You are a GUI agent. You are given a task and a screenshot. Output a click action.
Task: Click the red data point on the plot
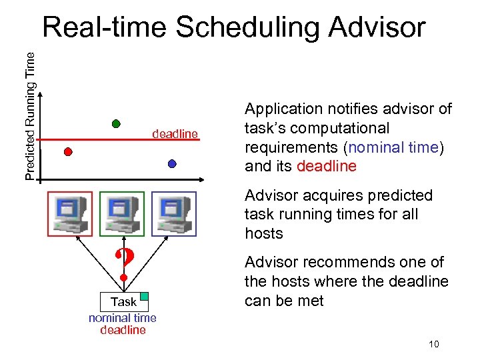click(68, 151)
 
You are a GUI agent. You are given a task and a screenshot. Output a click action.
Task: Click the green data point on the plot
click(116, 123)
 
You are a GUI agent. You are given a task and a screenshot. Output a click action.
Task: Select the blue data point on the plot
click(172, 163)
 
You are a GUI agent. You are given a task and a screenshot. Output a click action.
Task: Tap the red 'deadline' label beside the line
click(175, 134)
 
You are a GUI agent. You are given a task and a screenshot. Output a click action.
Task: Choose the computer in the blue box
click(173, 213)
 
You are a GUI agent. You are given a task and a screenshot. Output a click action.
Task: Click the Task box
click(123, 301)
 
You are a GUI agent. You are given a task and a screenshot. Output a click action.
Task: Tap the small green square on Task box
click(144, 296)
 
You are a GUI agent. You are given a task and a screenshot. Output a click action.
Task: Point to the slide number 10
click(434, 344)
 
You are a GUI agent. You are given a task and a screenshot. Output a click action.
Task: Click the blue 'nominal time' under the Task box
click(123, 318)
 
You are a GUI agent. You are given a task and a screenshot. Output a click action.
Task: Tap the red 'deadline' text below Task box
click(123, 330)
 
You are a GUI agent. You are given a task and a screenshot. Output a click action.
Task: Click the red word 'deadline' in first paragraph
click(327, 166)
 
